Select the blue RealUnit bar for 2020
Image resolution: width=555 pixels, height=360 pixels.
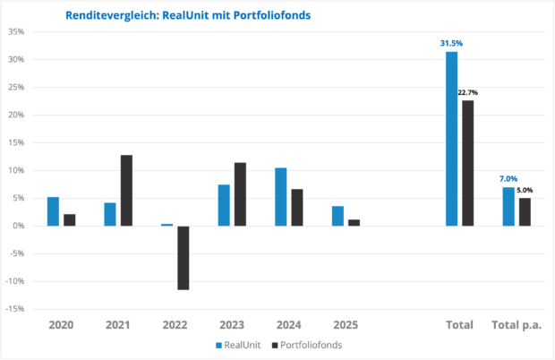point(53,211)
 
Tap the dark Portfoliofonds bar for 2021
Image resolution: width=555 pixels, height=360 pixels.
point(126,190)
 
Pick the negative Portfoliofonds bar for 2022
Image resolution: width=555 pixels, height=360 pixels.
point(183,258)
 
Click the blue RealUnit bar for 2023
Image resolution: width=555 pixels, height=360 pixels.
point(224,205)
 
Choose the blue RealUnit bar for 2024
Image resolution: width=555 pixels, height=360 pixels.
point(280,197)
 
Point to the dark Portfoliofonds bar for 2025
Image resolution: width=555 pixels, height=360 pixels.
point(354,223)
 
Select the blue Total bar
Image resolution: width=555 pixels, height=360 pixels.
point(452,139)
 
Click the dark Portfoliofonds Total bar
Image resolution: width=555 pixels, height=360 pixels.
point(468,163)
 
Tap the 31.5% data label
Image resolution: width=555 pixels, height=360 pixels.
point(451,43)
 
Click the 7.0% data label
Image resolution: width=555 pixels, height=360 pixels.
point(508,178)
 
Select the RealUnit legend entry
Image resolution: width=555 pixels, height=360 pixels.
point(238,344)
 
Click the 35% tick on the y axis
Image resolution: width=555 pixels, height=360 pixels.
point(15,32)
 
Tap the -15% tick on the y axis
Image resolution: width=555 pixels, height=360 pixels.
point(13,309)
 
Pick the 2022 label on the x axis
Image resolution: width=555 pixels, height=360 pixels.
point(175,325)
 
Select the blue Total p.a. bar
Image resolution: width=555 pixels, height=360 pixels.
point(508,206)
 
